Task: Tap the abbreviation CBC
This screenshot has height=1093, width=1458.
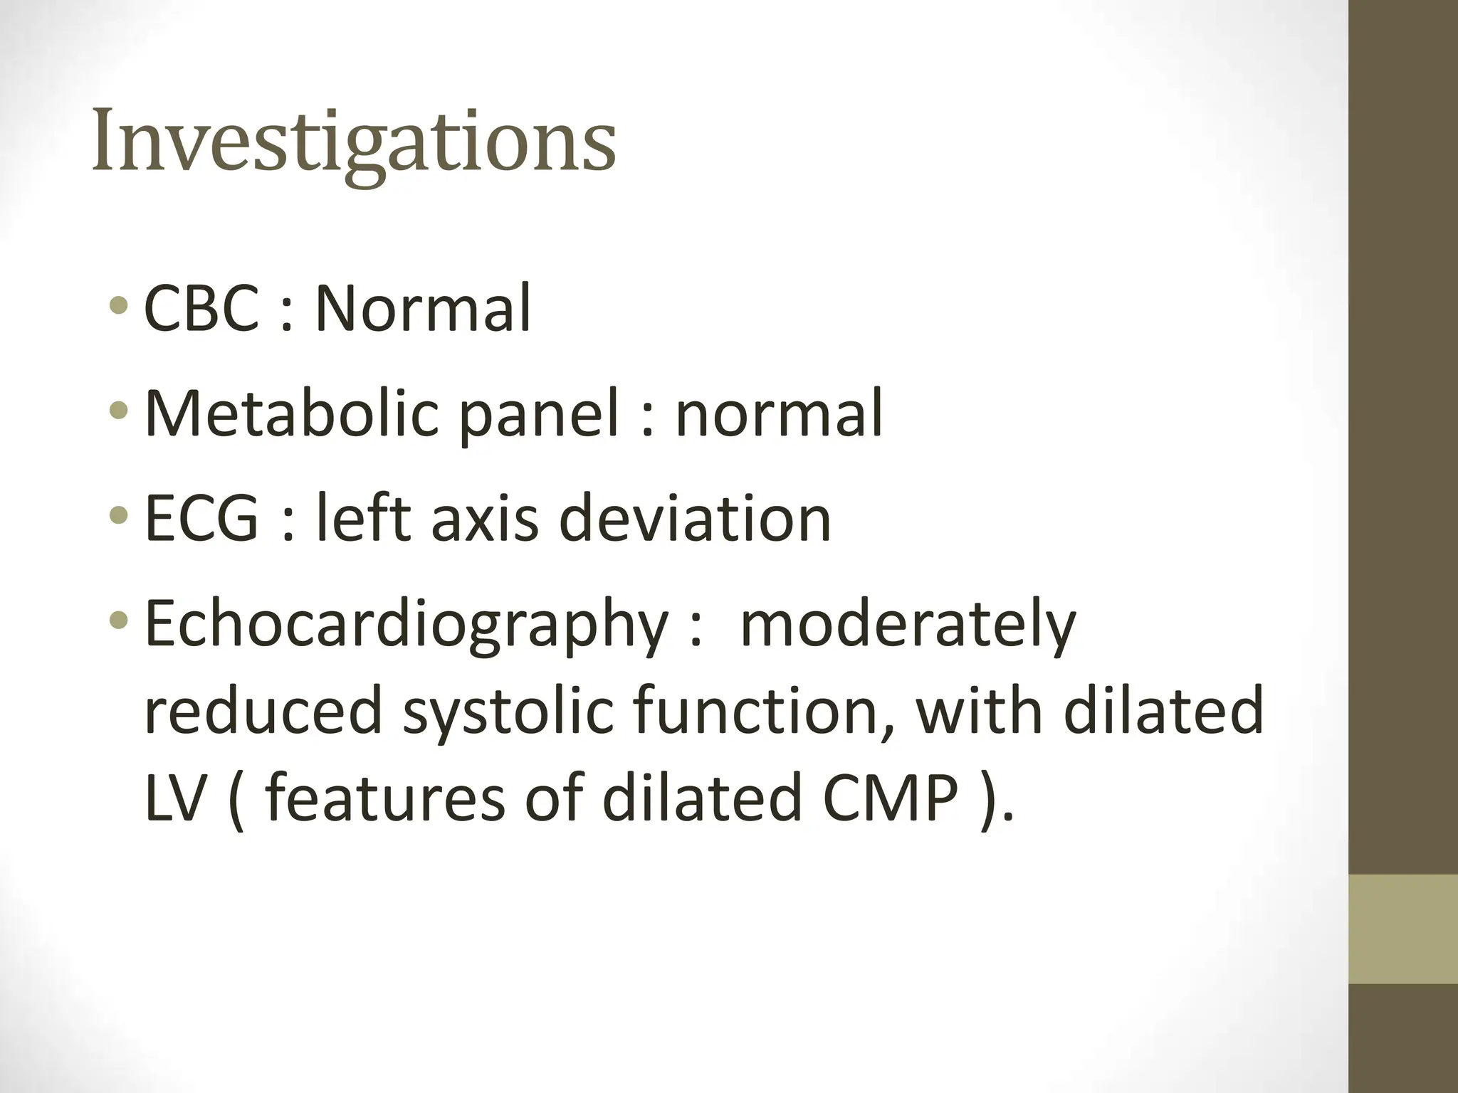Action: (x=201, y=309)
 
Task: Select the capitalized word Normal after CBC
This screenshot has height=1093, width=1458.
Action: (x=423, y=309)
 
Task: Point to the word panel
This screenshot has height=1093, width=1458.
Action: (x=539, y=416)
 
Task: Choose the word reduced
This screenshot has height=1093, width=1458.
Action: (x=263, y=712)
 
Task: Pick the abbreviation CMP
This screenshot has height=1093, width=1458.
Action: (x=889, y=798)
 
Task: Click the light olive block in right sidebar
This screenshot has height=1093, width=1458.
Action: (x=1403, y=930)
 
